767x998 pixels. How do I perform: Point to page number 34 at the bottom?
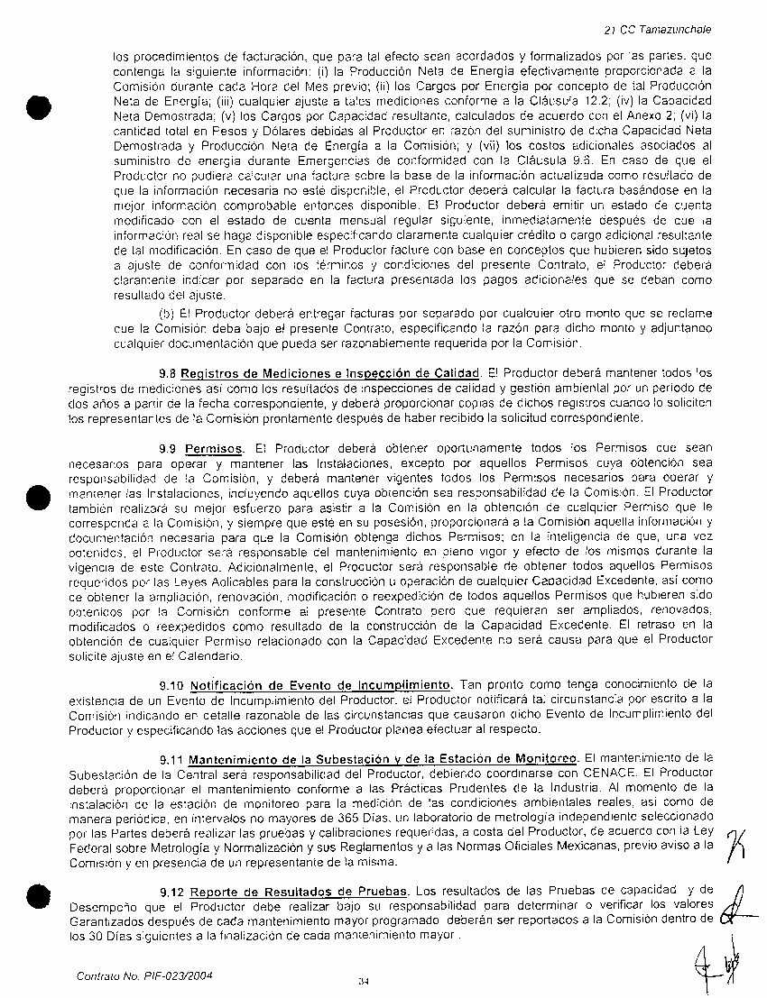(364, 981)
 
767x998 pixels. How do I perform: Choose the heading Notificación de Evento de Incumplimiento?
(321, 683)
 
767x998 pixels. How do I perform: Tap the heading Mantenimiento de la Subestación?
(383, 757)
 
